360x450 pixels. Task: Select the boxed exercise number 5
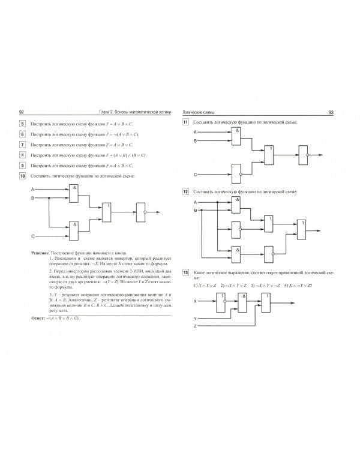pos(22,124)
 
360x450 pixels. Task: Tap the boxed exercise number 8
pos(22,154)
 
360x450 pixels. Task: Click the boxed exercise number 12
pos(186,191)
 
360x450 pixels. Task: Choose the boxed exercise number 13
pos(186,273)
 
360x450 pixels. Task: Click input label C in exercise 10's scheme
pos(33,236)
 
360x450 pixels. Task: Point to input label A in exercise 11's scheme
pos(195,131)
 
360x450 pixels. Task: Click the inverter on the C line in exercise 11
pos(236,173)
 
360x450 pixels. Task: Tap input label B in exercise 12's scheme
pos(195,211)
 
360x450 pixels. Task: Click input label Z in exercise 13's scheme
pos(195,326)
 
